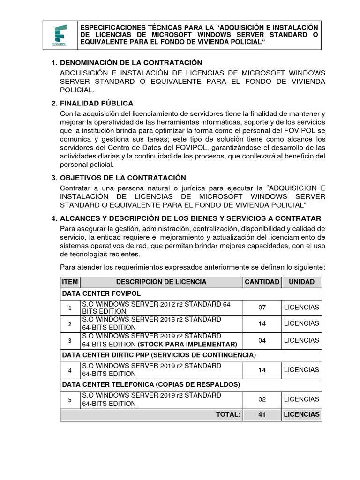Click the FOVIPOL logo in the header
60,36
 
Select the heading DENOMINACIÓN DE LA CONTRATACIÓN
131,63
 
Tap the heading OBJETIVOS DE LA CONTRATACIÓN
123,178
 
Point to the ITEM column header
70,282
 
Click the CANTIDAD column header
262,282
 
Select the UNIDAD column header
301,282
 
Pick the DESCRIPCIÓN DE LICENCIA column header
161,282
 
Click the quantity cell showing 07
262,307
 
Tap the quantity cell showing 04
262,340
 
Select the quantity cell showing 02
262,399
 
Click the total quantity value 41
262,414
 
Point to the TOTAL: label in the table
228,414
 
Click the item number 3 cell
70,340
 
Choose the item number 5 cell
70,400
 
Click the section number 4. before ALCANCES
54,218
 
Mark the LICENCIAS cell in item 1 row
301,307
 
